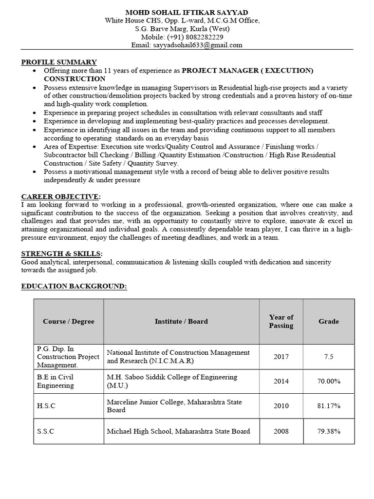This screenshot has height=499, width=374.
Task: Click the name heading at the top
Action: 187,12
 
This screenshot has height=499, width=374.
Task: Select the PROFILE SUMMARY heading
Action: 59,62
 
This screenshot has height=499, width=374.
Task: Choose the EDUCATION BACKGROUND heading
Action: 74,287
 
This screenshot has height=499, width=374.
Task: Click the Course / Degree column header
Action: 69,322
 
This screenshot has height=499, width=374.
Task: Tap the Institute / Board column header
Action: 181,322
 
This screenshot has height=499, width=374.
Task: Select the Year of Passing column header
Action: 281,322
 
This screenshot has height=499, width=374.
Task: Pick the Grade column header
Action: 329,322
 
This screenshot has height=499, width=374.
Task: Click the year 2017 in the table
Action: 281,357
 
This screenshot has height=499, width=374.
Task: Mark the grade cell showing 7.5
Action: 329,357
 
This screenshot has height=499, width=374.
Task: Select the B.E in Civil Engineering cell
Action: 56,382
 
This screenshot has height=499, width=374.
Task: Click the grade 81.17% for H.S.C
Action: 329,406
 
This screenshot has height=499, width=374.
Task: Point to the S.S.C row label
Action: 46,431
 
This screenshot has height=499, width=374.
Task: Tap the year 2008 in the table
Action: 281,431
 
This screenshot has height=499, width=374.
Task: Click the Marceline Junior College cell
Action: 174,406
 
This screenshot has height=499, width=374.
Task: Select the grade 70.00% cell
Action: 329,382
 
